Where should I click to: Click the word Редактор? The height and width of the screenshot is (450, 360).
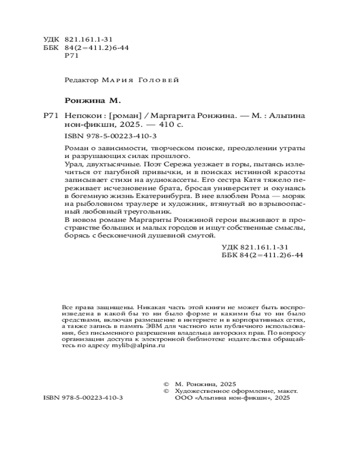(x=81, y=80)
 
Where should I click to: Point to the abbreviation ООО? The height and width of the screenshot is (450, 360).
(x=181, y=399)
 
